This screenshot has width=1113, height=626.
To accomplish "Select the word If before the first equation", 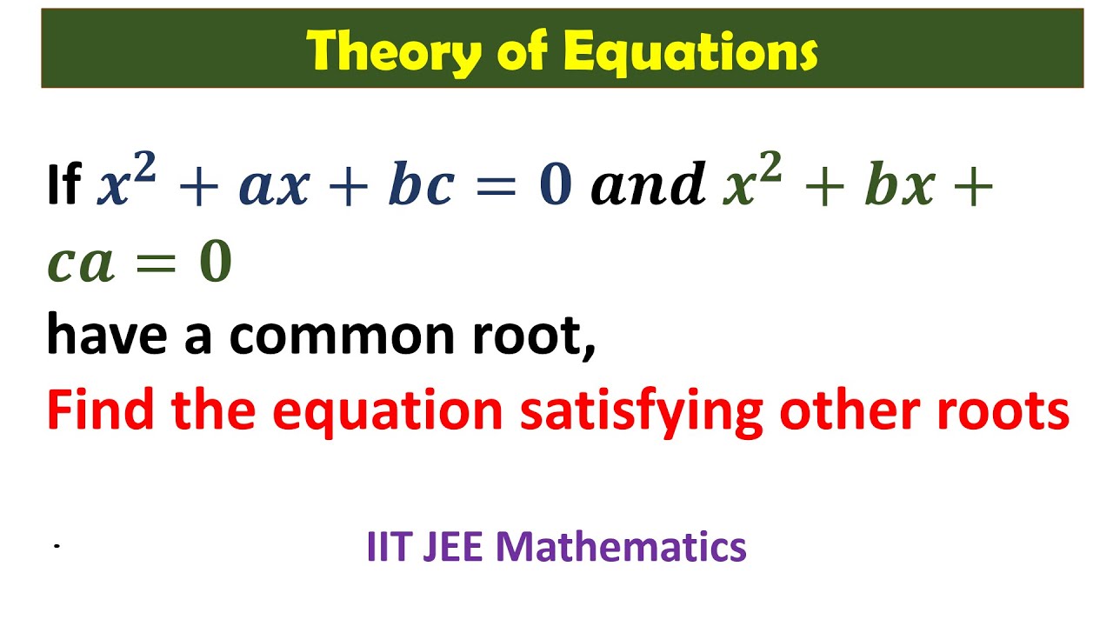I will click(x=63, y=185).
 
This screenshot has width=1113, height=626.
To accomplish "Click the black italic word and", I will click(x=648, y=185).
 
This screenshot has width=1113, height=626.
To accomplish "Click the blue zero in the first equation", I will click(x=555, y=185).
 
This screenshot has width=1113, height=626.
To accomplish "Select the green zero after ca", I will click(x=215, y=264).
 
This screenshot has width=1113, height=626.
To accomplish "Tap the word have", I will click(x=108, y=335).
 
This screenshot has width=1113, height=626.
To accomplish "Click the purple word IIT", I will click(x=387, y=547).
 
